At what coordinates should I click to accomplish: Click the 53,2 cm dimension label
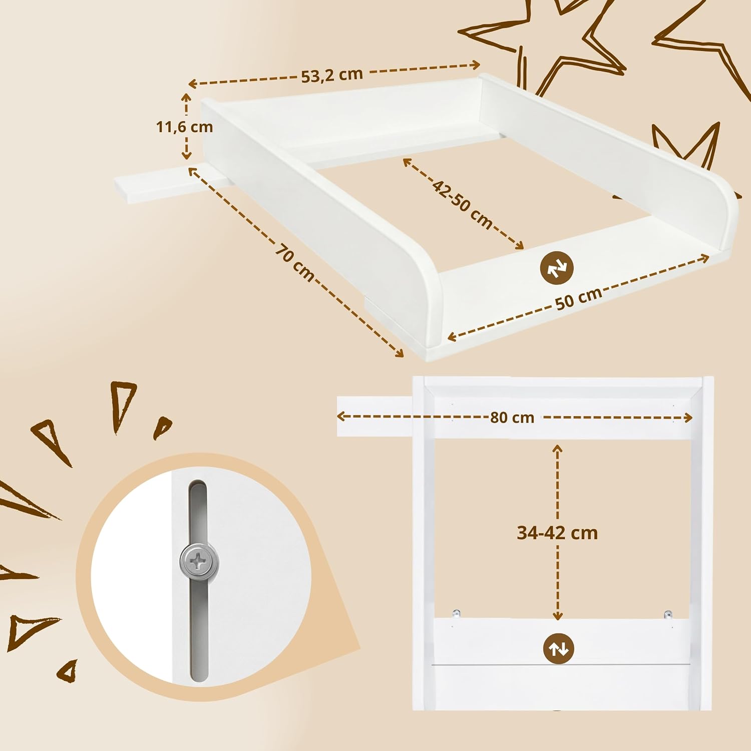tap(332, 75)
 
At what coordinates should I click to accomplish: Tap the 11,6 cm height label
tap(185, 127)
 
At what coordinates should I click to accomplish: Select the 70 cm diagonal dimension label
tap(295, 262)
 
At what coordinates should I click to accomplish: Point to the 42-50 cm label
tap(463, 205)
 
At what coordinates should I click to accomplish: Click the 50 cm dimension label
tap(579, 299)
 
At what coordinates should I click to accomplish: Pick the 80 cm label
tap(512, 418)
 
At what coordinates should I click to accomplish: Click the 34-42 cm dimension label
tap(557, 533)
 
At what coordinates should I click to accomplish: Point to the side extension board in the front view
tap(375, 416)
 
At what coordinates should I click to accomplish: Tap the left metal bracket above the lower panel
tap(456, 613)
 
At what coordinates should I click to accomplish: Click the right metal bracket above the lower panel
tap(668, 614)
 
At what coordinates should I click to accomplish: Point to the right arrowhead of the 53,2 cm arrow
tap(475, 65)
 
